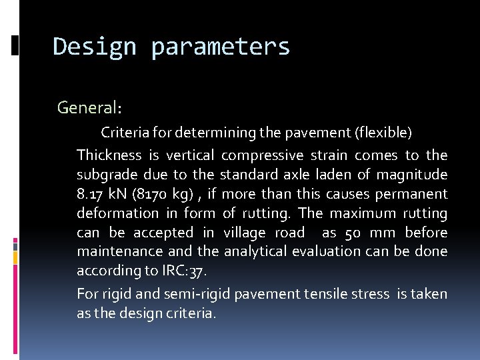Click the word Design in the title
coord(94,47)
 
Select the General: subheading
coord(89,107)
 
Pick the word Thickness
coord(109,155)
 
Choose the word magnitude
coord(411,175)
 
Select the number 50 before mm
coord(353,233)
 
